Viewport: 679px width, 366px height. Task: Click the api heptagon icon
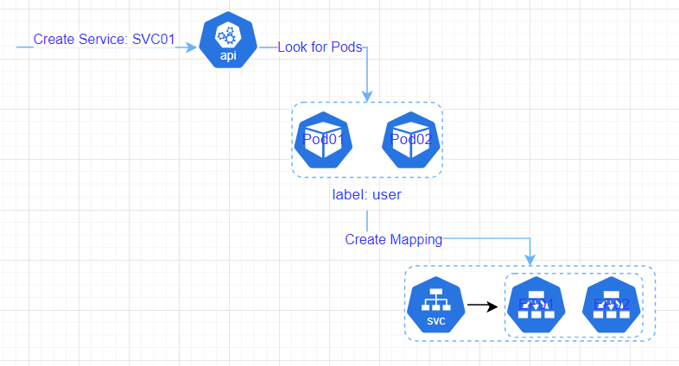pos(228,41)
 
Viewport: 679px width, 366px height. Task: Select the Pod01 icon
pos(323,141)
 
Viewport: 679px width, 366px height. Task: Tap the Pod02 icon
pos(411,141)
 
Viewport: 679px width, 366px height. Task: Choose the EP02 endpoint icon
pos(611,306)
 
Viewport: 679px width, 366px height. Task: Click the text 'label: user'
pos(366,194)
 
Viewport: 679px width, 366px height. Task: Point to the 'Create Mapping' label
pos(393,239)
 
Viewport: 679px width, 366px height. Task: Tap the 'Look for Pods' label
pos(320,47)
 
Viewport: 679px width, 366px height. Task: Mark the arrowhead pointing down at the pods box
pos(368,96)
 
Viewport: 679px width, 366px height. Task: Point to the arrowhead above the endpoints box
pos(530,259)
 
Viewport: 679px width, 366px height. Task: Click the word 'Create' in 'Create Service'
pos(54,40)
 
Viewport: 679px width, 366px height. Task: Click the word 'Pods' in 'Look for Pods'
pos(346,47)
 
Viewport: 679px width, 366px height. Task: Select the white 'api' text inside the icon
pos(228,55)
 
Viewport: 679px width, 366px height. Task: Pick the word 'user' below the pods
pos(386,194)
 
